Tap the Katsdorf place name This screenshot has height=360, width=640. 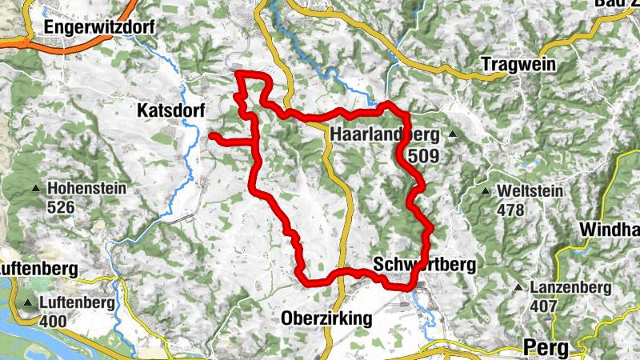(171, 110)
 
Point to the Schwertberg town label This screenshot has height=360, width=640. (424, 265)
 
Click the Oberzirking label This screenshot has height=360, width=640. (327, 318)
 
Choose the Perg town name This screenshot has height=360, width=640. (546, 347)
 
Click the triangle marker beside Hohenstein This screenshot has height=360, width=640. (36, 190)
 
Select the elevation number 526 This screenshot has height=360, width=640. (61, 207)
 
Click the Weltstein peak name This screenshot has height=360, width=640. (530, 192)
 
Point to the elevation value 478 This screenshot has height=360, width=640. (510, 210)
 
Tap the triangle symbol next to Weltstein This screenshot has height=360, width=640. (486, 191)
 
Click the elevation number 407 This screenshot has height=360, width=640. (542, 306)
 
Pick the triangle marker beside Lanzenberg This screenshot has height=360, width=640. (521, 287)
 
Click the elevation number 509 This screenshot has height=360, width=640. (422, 157)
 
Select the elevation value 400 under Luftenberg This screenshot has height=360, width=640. (53, 322)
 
